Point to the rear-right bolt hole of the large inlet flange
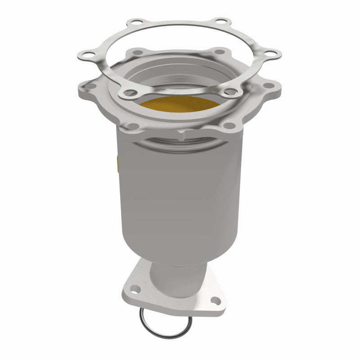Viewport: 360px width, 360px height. (x=220, y=52)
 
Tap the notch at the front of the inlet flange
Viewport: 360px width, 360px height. (x=182, y=134)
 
